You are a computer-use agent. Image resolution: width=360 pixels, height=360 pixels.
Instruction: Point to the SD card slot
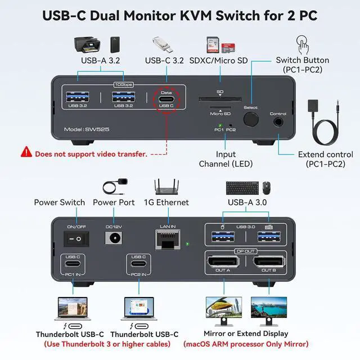(220, 100)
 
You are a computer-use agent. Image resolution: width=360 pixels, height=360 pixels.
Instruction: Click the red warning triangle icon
(26, 151)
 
